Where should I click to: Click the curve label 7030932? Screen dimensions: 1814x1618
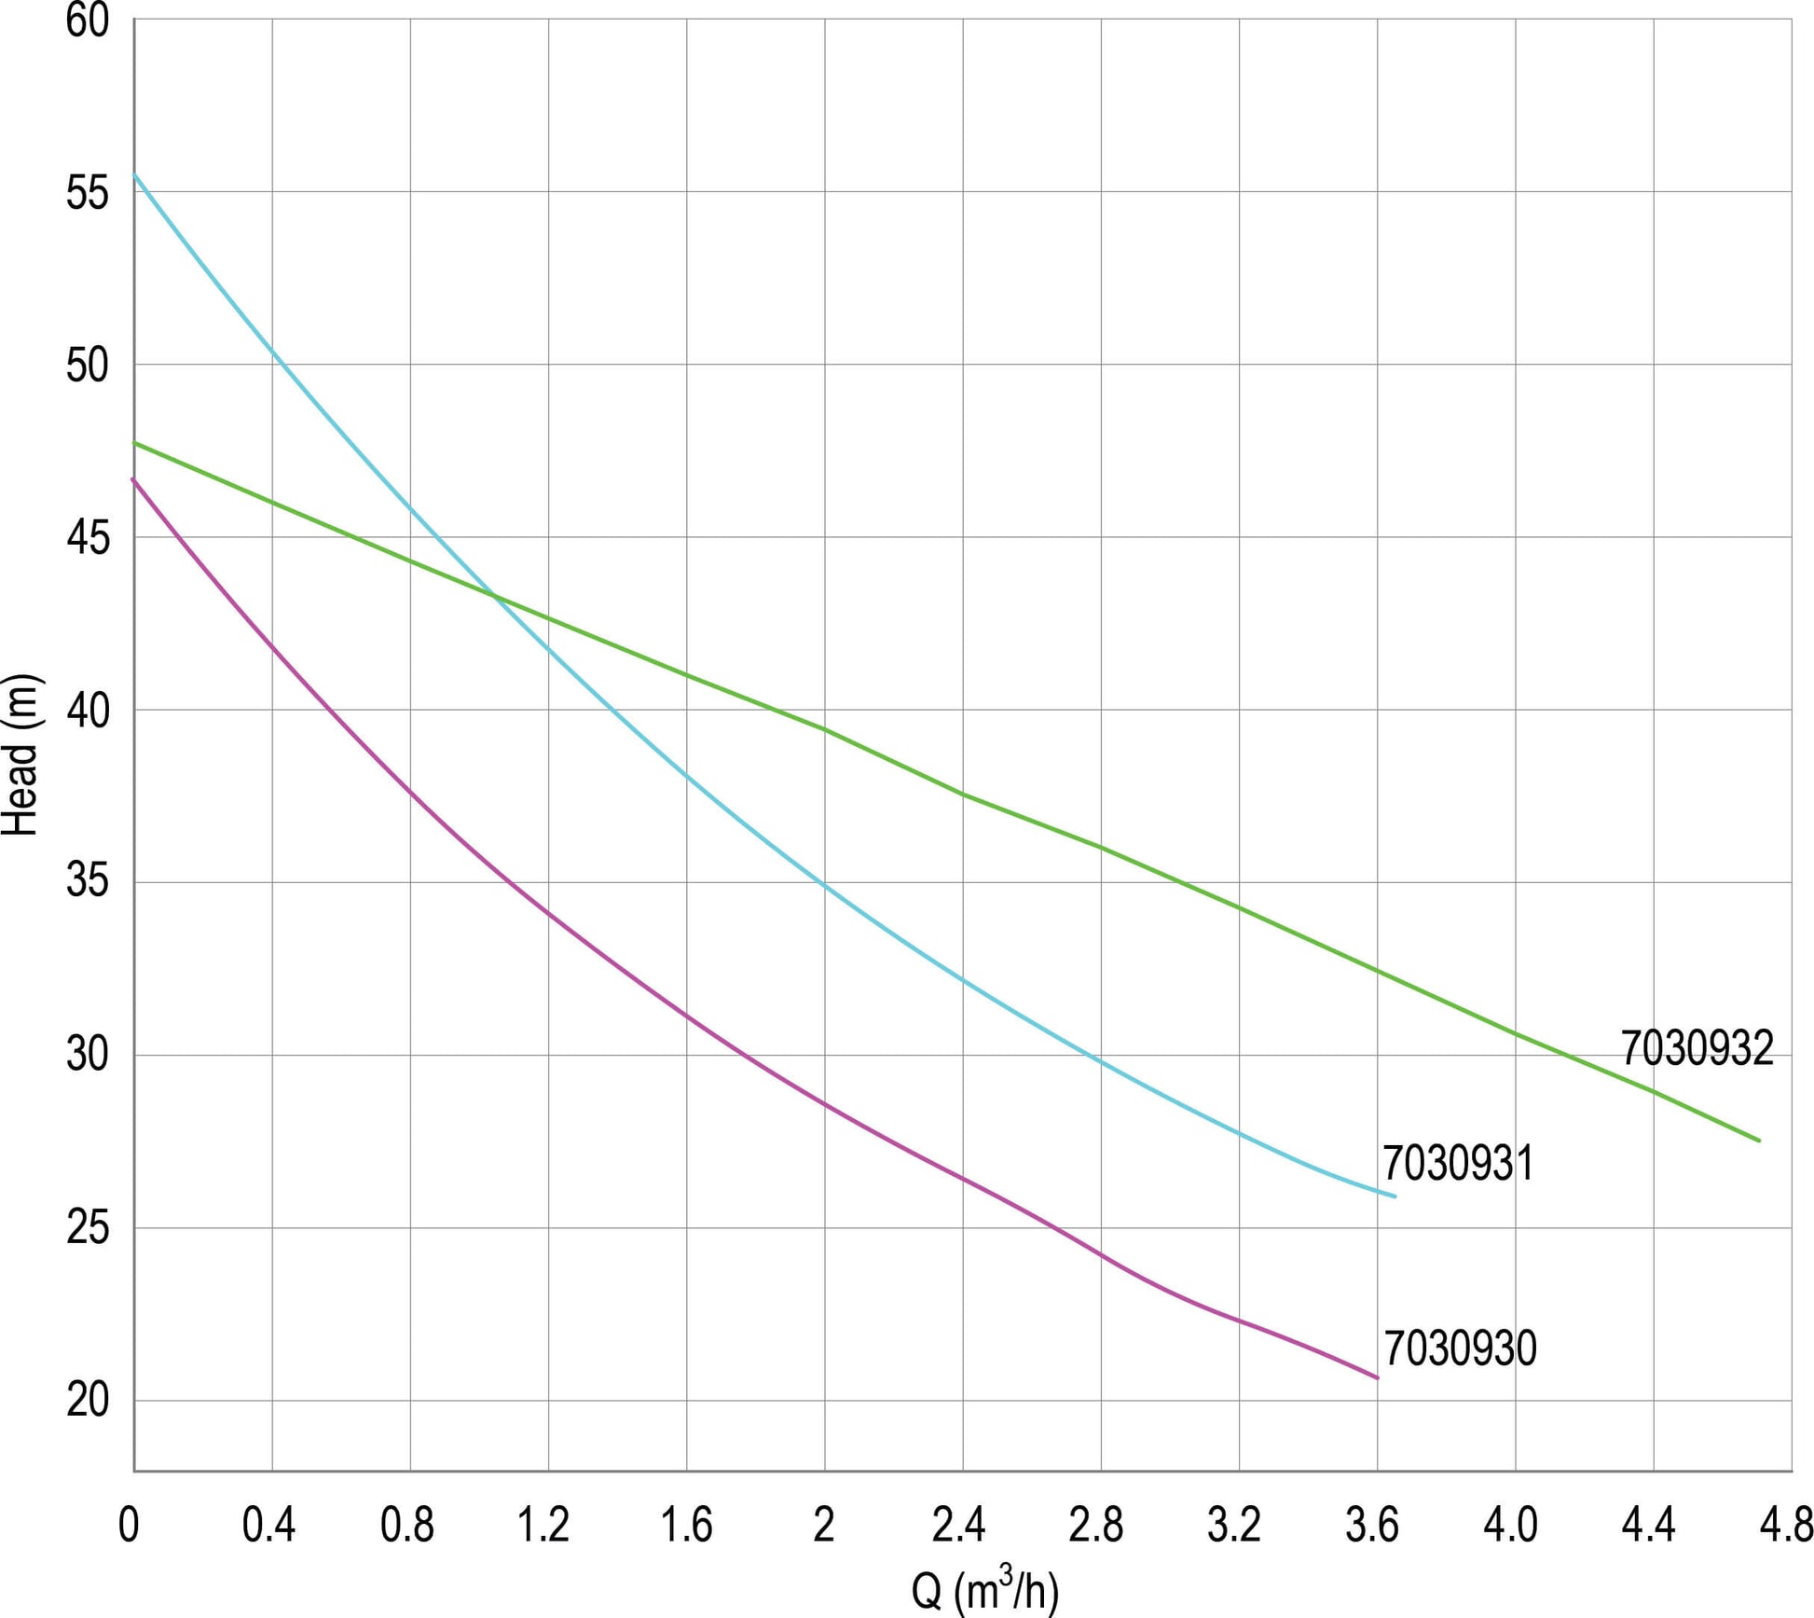[x=1697, y=1048]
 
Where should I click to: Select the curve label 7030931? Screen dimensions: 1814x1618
[x=1458, y=1164]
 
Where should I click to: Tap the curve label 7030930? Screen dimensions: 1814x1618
[x=1460, y=1348]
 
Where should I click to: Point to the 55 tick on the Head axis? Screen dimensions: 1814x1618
[x=88, y=193]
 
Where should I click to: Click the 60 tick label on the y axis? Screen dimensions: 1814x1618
[x=88, y=21]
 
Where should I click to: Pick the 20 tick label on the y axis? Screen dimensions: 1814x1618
[x=88, y=1400]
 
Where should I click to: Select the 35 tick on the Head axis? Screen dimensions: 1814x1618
[x=88, y=882]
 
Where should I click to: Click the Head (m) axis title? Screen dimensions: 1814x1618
[x=21, y=754]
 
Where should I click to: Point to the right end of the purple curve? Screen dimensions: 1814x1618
[x=1378, y=1377]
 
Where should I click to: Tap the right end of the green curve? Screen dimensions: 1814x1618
[x=1759, y=1141]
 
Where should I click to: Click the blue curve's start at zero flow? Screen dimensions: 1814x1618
[x=134, y=174]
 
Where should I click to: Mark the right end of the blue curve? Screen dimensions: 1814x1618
[x=1395, y=1196]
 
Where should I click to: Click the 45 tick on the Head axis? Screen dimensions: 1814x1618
[x=88, y=538]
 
